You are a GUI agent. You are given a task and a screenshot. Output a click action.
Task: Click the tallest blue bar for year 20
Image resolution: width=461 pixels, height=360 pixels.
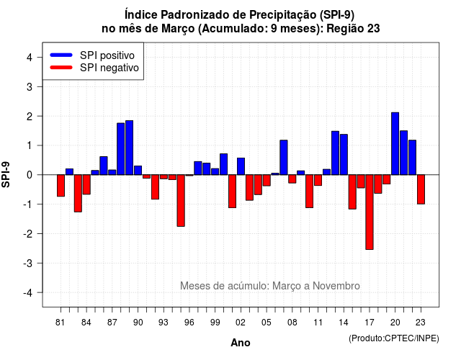coord(395,144)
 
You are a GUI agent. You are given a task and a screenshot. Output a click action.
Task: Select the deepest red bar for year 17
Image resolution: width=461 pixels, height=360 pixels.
coord(370,212)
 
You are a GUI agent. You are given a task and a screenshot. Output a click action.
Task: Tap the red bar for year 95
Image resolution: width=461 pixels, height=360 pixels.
coord(181,200)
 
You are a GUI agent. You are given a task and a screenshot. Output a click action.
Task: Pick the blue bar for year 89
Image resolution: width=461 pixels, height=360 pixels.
coord(130,148)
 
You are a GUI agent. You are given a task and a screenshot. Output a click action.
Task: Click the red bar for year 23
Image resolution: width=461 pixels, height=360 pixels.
coord(421,189)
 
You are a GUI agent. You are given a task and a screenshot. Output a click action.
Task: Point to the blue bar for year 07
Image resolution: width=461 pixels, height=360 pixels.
coord(284,158)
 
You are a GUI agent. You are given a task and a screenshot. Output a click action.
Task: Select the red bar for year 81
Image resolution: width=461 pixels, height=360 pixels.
coord(61,186)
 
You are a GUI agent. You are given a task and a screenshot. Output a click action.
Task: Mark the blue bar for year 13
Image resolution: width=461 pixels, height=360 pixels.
coord(335,153)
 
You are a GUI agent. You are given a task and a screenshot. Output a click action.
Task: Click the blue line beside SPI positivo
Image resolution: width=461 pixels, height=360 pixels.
coord(61,55)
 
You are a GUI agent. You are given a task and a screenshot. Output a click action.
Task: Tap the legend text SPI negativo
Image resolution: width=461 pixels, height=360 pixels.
coord(109,68)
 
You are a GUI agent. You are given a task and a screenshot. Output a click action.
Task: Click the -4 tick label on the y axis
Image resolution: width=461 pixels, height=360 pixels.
coord(28,293)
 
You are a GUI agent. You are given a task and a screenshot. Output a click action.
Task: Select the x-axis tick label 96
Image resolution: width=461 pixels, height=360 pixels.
coord(189,323)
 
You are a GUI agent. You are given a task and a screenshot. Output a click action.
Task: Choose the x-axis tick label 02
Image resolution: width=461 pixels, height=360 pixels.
coord(240,323)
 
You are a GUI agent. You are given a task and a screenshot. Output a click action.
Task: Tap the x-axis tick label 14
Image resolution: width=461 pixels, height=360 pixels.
coord(343,323)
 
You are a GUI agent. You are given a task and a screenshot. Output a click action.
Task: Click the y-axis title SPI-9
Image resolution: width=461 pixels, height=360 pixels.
coord(6,174)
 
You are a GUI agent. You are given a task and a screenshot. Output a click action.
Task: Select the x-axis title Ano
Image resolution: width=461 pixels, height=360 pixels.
coord(241,343)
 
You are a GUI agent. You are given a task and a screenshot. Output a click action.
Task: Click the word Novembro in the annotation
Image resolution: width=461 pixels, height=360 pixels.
coord(336,286)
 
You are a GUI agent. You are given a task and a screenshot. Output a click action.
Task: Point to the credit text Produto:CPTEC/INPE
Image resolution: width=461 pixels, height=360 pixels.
coord(394,338)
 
